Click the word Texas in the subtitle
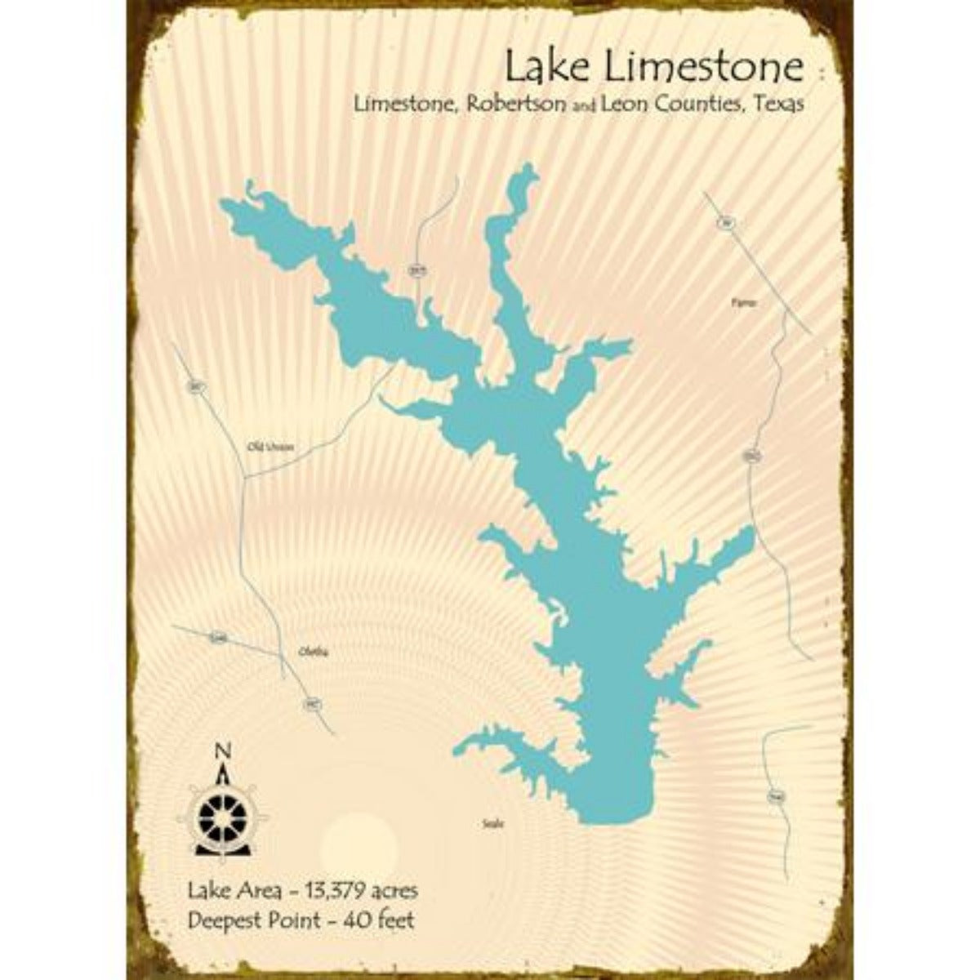coord(777,105)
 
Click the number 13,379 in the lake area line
coord(334,890)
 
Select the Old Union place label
coord(269,447)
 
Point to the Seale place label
coord(493,824)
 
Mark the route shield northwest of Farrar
coord(723,222)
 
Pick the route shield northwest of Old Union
coord(195,387)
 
